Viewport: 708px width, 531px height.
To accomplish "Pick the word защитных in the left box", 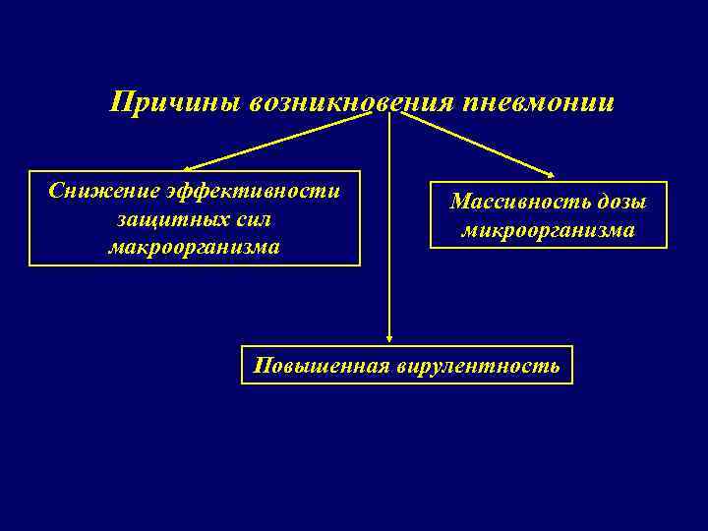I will coord(158,218).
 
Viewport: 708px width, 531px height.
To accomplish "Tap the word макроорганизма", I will coord(194,247).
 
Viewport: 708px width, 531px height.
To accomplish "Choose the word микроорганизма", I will coord(548,231).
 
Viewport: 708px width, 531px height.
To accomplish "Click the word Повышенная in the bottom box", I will coord(321,366).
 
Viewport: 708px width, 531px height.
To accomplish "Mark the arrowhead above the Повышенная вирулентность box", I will coord(389,337).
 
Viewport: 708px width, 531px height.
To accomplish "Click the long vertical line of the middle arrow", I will coord(389,226).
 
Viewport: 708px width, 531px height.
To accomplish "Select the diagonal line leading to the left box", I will coord(285,141).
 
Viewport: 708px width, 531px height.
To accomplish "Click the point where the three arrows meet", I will coord(390,112).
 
